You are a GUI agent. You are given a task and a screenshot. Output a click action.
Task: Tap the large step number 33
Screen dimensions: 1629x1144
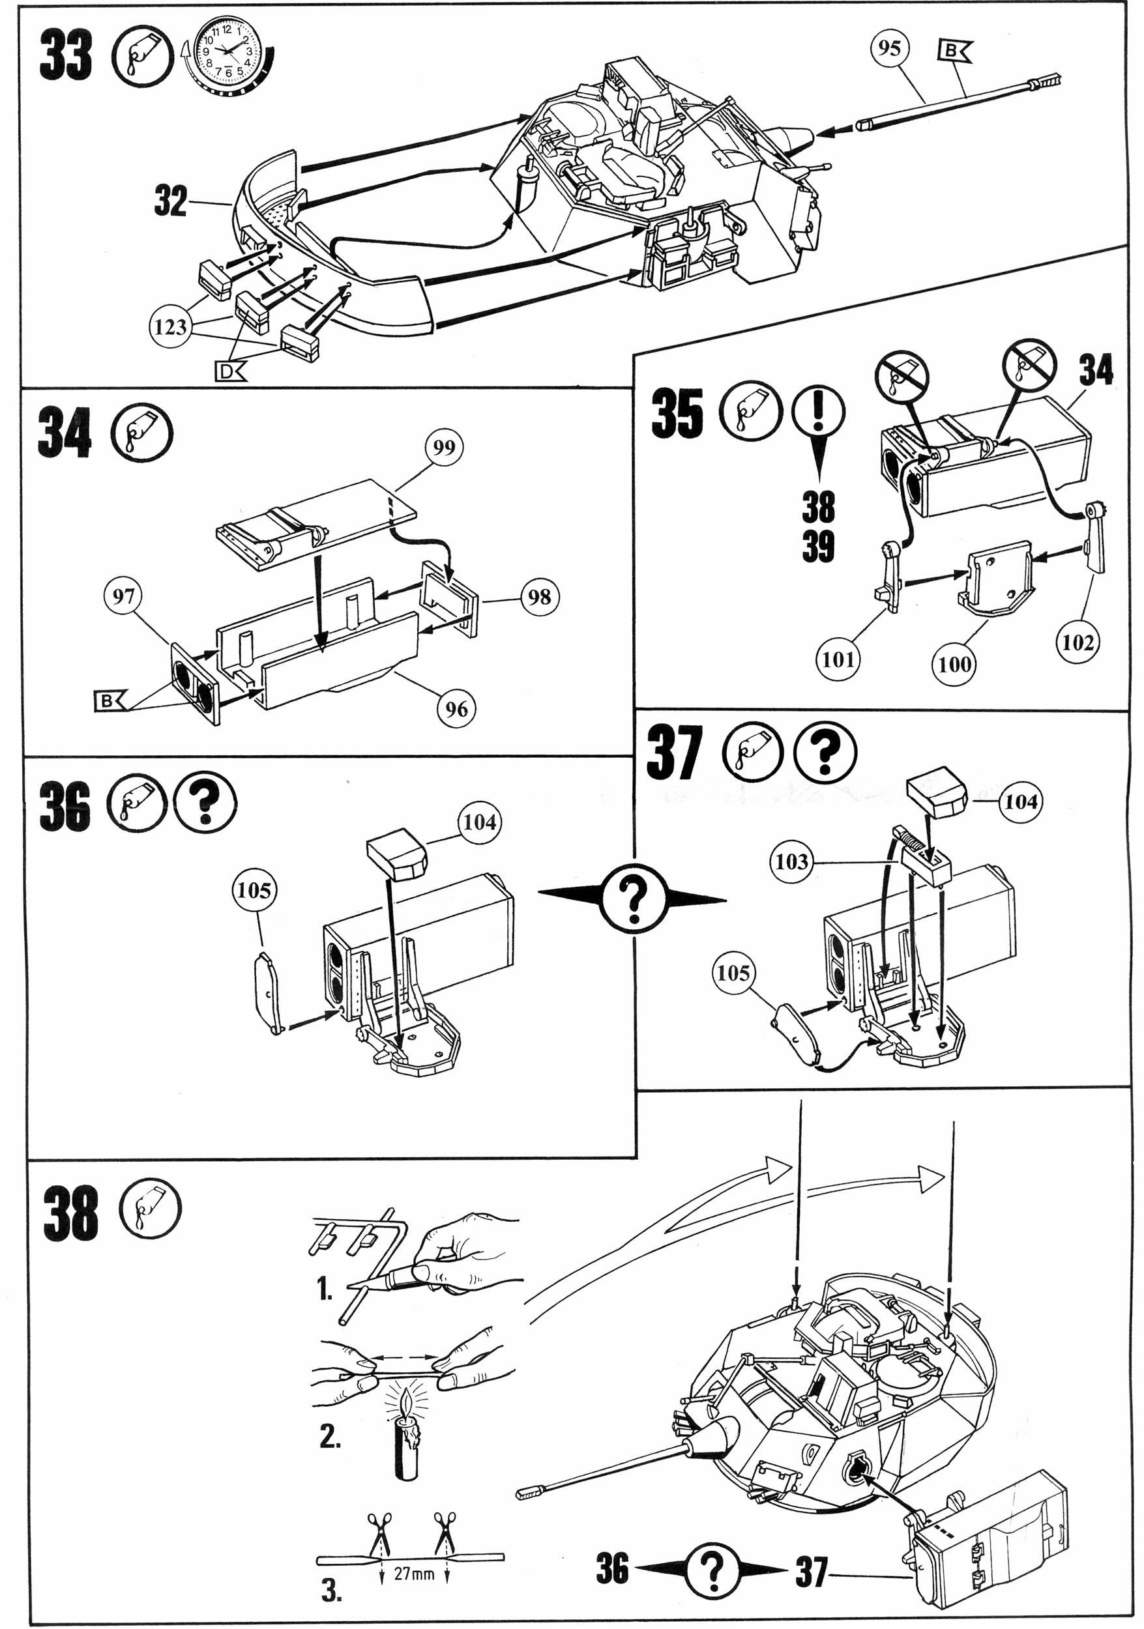(x=65, y=56)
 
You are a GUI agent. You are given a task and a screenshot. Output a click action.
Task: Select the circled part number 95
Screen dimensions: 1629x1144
(x=889, y=48)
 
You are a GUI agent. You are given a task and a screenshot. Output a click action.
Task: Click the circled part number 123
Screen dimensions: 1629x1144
(x=170, y=327)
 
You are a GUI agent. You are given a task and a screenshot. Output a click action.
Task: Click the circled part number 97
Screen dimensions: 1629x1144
(x=123, y=596)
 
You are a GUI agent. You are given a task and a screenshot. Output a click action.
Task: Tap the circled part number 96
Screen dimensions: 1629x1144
(x=456, y=708)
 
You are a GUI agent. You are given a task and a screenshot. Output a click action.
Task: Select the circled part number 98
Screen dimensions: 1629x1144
(x=539, y=597)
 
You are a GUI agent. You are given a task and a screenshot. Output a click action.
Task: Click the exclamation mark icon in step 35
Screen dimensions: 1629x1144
(x=819, y=412)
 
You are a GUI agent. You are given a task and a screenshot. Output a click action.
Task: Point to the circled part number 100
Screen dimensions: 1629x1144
(x=954, y=664)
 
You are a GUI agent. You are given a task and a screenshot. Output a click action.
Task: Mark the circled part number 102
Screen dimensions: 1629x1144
(x=1078, y=642)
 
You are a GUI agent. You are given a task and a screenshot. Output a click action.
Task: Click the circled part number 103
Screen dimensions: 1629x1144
(x=792, y=862)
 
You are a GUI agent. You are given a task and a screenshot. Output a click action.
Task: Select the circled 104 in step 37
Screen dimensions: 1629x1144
(x=1021, y=801)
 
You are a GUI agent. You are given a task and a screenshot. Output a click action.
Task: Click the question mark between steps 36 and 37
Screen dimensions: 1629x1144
(x=633, y=901)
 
